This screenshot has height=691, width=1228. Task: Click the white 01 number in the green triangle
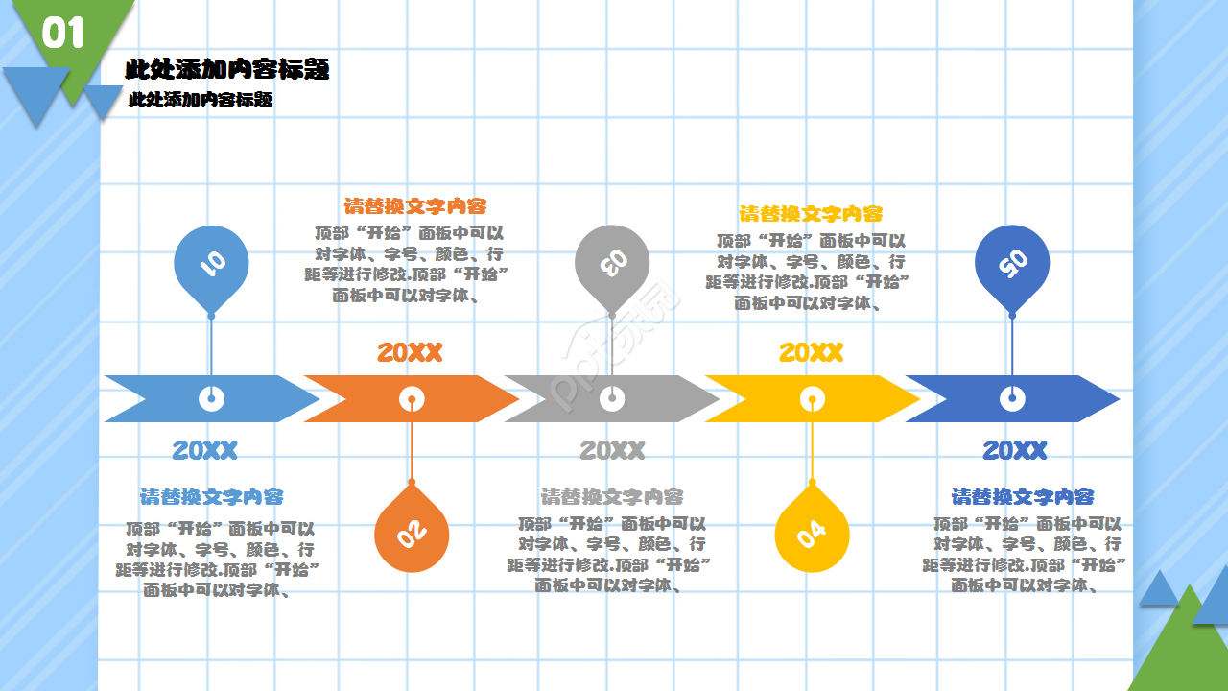click(63, 33)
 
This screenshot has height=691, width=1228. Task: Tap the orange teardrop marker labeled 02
click(412, 528)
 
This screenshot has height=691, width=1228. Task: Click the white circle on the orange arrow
click(412, 398)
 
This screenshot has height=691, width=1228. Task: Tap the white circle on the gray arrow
click(612, 398)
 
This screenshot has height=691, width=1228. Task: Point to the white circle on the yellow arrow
click(812, 398)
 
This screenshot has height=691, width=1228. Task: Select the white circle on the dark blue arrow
click(1012, 398)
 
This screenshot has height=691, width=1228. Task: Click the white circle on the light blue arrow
click(211, 398)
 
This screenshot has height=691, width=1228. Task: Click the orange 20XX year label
click(410, 352)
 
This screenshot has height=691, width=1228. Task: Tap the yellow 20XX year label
click(811, 352)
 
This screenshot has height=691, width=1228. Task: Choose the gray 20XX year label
click(612, 450)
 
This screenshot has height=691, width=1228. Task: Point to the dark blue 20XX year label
click(1015, 450)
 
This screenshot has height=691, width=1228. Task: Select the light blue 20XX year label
click(204, 450)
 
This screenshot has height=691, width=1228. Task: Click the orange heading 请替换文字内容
click(415, 206)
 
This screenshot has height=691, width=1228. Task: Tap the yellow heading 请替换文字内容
click(811, 214)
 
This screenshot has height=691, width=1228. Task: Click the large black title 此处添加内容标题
click(227, 69)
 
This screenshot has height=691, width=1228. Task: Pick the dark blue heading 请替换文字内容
click(1023, 497)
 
